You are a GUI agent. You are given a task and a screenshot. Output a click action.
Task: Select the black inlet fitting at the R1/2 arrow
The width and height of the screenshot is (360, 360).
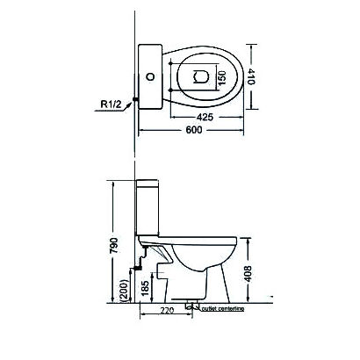pos(133,102)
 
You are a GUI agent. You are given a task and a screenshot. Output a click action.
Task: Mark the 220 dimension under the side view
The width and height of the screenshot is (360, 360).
pos(166,310)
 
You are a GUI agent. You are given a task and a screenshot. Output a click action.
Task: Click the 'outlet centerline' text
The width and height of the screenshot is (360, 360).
pos(222,310)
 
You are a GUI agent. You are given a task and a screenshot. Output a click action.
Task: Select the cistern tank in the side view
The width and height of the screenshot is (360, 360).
pos(148,211)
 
